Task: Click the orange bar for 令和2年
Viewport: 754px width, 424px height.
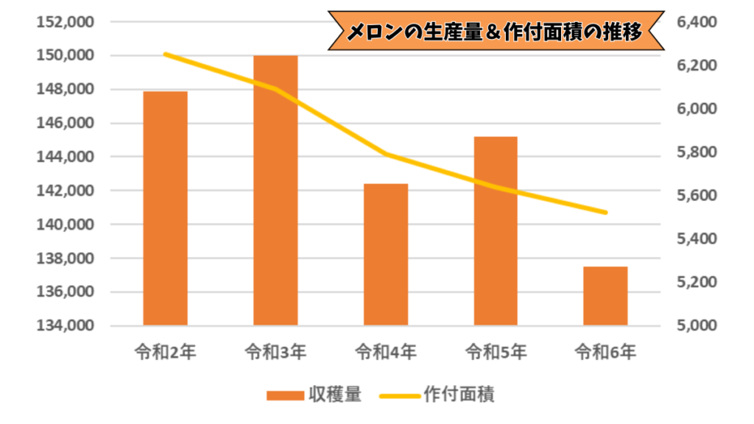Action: [165, 208]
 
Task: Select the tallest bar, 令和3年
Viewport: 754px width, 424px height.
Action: [275, 190]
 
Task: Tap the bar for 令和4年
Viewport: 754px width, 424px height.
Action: [386, 254]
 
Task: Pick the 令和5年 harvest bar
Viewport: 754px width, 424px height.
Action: [496, 230]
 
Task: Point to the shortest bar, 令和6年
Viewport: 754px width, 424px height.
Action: [605, 295]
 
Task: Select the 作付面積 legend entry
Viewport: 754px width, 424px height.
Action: [459, 395]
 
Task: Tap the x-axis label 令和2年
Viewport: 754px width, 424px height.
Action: [165, 352]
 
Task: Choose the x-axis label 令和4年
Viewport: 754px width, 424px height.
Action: [386, 352]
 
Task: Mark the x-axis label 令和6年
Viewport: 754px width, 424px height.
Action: [605, 352]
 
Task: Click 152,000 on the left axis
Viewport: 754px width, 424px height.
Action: [64, 22]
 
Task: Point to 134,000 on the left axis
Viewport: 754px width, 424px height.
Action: [64, 325]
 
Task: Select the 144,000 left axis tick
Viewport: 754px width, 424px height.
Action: [64, 157]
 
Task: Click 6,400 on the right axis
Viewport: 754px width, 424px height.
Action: [696, 22]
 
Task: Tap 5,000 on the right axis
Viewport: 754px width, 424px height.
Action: [696, 325]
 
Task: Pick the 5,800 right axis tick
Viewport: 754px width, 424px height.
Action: [696, 152]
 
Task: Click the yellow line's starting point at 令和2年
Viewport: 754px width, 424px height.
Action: [165, 54]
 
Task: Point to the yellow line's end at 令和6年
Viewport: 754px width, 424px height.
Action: [605, 213]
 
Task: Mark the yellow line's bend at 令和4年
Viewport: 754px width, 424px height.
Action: [386, 154]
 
